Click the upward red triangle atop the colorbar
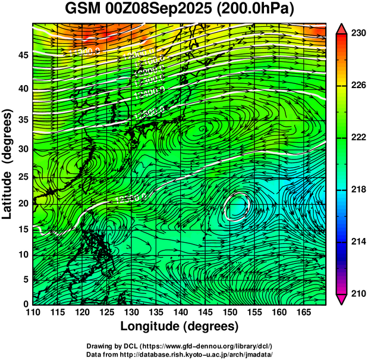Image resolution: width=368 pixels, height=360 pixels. click(341, 29)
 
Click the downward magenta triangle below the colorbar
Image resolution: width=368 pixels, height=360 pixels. click(341, 299)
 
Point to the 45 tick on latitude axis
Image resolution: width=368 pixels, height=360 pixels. click(22, 55)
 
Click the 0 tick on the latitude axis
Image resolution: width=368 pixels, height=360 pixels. click(25, 304)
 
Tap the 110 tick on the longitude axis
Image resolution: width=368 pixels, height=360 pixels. click(33, 312)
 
